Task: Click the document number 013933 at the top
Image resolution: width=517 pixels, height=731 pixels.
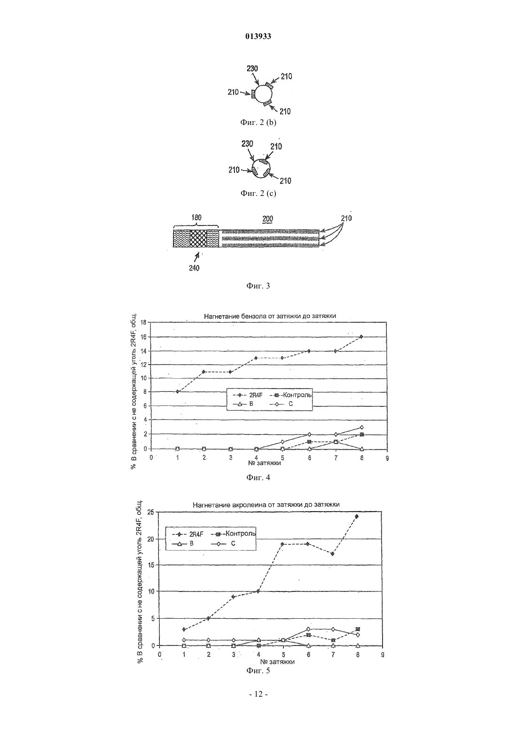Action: tap(258, 36)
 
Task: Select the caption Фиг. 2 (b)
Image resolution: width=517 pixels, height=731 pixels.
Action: tap(258, 123)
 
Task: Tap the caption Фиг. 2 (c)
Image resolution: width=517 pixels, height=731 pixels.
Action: tap(258, 193)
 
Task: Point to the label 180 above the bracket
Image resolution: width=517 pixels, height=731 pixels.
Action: tap(196, 218)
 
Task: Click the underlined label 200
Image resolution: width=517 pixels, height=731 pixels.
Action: tap(267, 219)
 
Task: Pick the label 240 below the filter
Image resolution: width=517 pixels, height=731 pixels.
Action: tap(194, 268)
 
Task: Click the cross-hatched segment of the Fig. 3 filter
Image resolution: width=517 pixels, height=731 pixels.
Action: tap(198, 239)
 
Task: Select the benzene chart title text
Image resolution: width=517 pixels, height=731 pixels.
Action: tap(270, 316)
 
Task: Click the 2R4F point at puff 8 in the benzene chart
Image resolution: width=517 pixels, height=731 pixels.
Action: tap(361, 336)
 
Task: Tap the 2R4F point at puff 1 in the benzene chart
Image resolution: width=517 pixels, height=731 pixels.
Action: tap(177, 391)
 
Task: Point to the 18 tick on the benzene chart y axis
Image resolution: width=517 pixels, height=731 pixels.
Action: tap(143, 322)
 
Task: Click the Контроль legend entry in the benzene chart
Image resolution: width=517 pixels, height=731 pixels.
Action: tap(291, 395)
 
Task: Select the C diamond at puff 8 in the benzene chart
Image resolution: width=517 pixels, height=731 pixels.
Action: tap(361, 427)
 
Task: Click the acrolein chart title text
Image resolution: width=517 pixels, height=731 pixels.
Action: tap(266, 505)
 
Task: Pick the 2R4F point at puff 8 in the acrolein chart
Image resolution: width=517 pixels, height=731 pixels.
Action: tap(356, 516)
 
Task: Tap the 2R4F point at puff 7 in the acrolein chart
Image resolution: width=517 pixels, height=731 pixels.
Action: tap(332, 554)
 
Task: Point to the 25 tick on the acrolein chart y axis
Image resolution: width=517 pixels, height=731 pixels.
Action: tap(150, 512)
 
